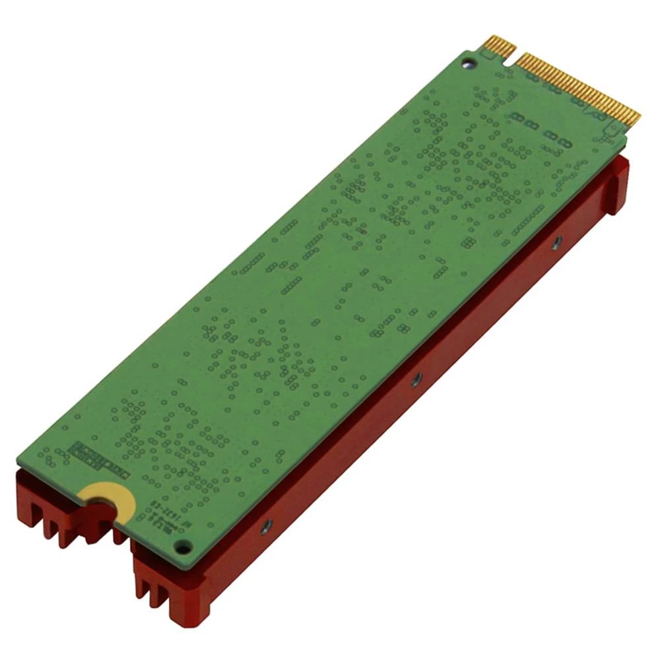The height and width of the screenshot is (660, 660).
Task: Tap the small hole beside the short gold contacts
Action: pyautogui.click(x=468, y=63)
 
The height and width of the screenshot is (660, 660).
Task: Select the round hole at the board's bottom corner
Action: pyautogui.click(x=183, y=546)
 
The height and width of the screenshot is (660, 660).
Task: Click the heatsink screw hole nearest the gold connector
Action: pyautogui.click(x=556, y=242)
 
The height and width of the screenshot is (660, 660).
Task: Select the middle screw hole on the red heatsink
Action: pyautogui.click(x=416, y=379)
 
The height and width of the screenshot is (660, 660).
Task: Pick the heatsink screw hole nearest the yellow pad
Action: pyautogui.click(x=266, y=526)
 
